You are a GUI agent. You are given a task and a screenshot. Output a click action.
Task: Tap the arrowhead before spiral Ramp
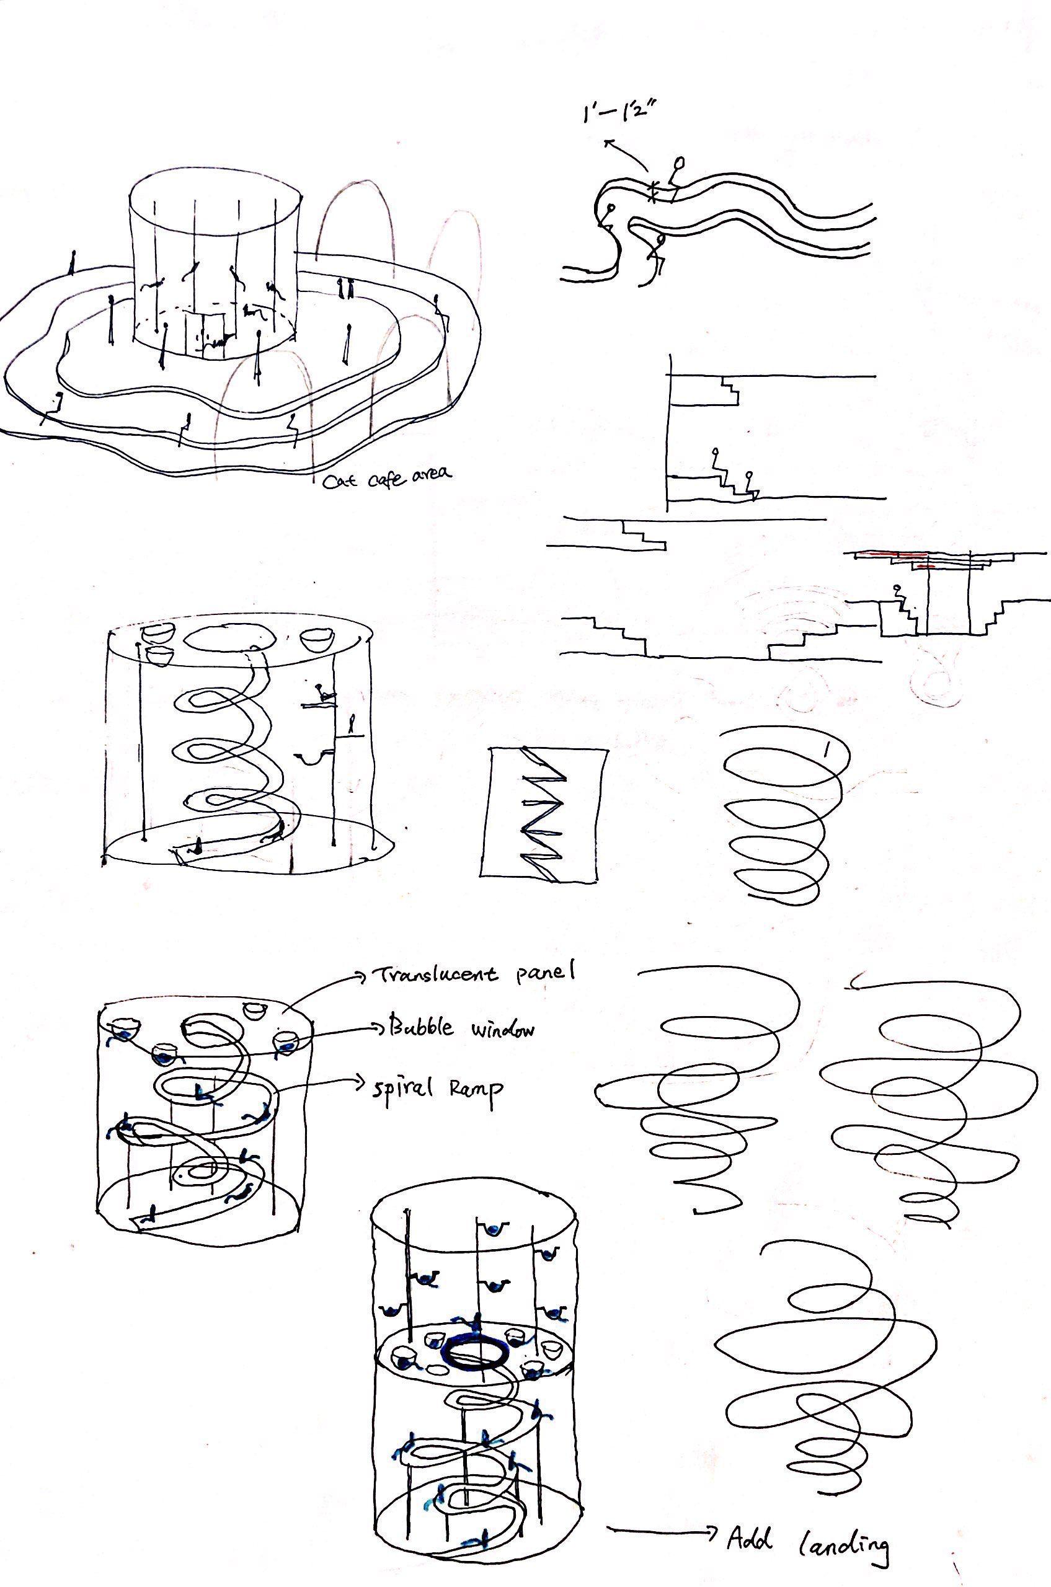(x=365, y=1082)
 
